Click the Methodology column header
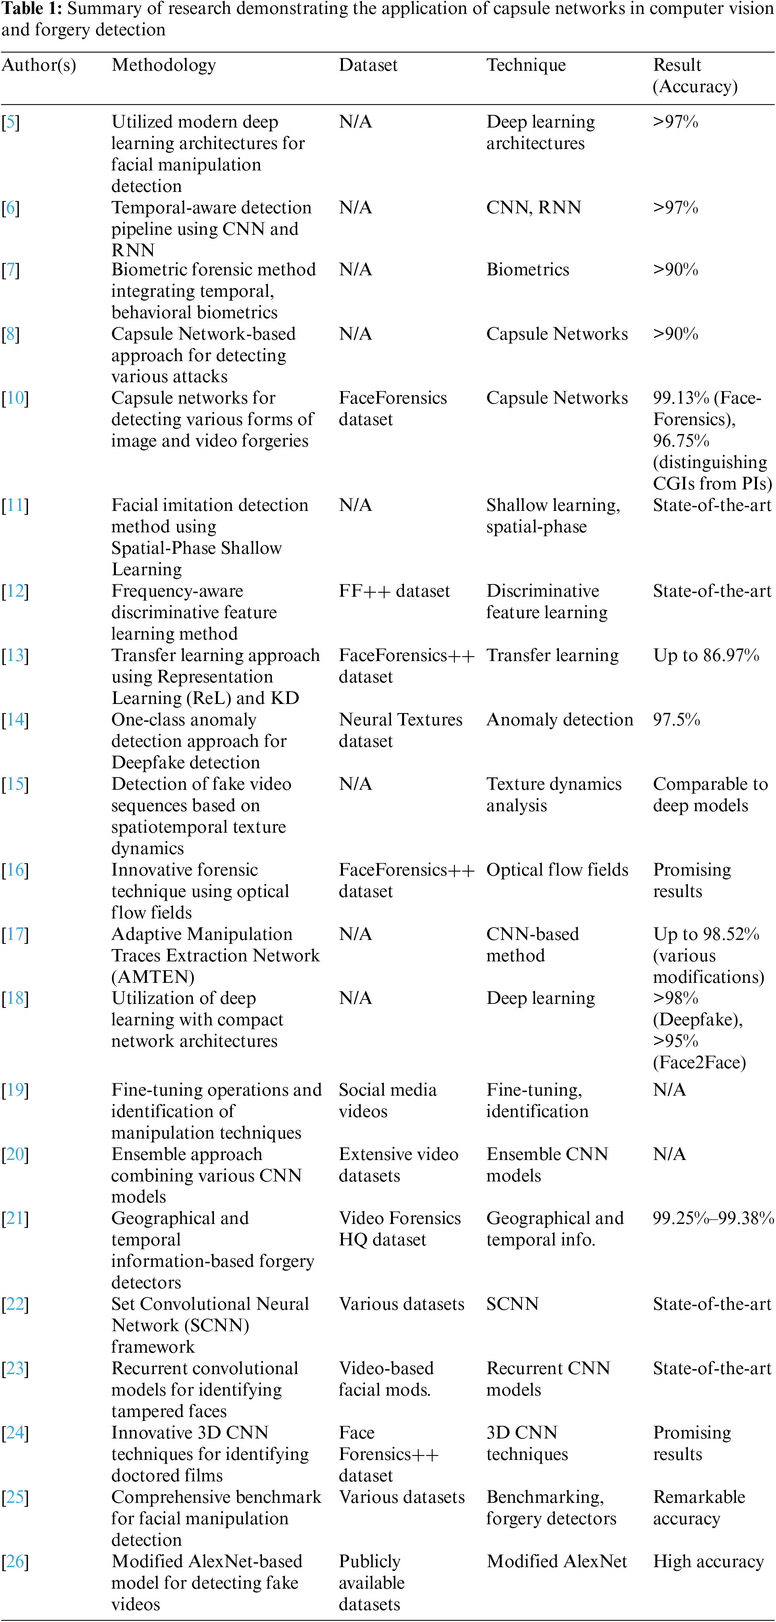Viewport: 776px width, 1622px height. pyautogui.click(x=164, y=65)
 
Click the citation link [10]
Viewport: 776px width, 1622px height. pyautogui.click(x=15, y=398)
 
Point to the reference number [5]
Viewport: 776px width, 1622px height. pyautogui.click(x=11, y=122)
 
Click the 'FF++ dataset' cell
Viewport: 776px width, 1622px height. pyautogui.click(x=394, y=591)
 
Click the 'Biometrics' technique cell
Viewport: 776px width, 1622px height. pyautogui.click(x=528, y=269)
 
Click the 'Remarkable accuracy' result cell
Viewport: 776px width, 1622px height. pyautogui.click(x=699, y=1508)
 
